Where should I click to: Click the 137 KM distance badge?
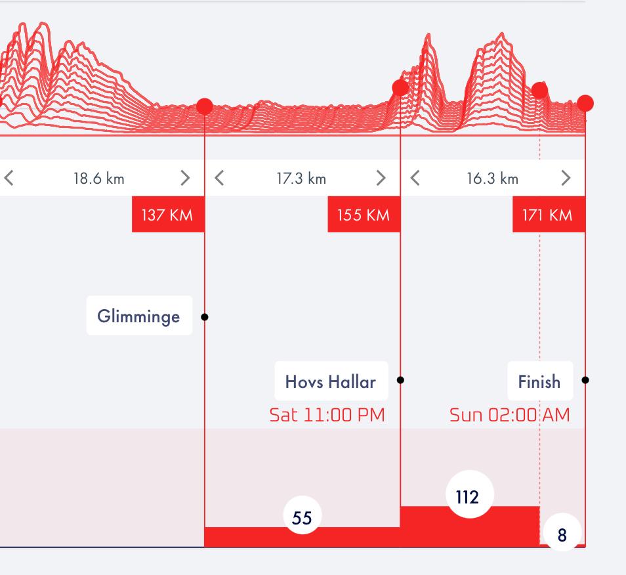[168, 215]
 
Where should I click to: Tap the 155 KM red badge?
[364, 215]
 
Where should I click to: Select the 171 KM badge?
[549, 215]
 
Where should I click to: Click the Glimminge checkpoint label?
[139, 316]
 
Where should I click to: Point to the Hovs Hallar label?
[331, 381]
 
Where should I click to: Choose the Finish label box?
[539, 381]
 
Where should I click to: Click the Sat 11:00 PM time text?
[327, 415]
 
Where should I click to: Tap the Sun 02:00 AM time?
[510, 415]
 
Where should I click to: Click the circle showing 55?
[302, 518]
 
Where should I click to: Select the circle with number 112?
[467, 497]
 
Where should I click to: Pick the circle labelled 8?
[562, 535]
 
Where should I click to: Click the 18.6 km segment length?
[98, 179]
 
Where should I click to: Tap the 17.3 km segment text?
[301, 179]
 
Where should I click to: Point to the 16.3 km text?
[492, 179]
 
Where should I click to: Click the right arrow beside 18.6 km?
[185, 178]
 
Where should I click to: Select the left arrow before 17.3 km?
[219, 178]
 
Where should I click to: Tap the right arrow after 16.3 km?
[566, 178]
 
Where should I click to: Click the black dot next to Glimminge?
[205, 317]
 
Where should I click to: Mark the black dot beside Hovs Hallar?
[401, 380]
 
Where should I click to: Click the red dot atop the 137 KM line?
[205, 106]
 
